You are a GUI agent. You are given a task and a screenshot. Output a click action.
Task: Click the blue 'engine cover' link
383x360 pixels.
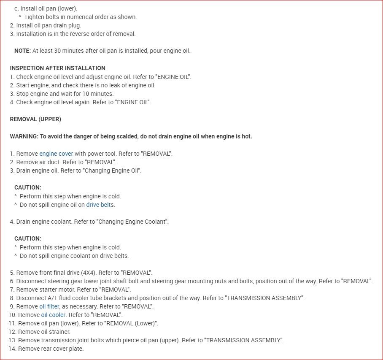tap(56, 154)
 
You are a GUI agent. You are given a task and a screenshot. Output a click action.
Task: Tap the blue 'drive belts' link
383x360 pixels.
tap(100, 205)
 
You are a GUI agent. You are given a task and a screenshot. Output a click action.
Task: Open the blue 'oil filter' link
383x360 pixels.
tap(49, 306)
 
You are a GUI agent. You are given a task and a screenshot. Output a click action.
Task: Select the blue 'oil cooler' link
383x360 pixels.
tap(53, 315)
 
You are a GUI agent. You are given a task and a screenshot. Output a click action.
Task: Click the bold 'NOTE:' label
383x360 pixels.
tap(22, 51)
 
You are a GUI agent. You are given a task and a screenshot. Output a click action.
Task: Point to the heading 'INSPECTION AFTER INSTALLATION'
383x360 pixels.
tap(57, 68)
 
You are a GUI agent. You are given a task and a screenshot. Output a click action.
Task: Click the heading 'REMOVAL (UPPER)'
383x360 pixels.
tap(35, 119)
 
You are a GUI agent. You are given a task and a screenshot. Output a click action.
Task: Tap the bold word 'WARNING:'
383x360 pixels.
tap(24, 136)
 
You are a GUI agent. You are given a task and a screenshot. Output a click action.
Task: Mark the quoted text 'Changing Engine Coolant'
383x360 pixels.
tap(133, 222)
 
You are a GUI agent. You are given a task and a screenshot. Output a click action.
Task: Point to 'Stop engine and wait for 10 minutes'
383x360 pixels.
tap(65, 94)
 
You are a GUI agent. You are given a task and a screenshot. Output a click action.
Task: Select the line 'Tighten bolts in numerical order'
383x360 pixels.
tap(80, 17)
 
